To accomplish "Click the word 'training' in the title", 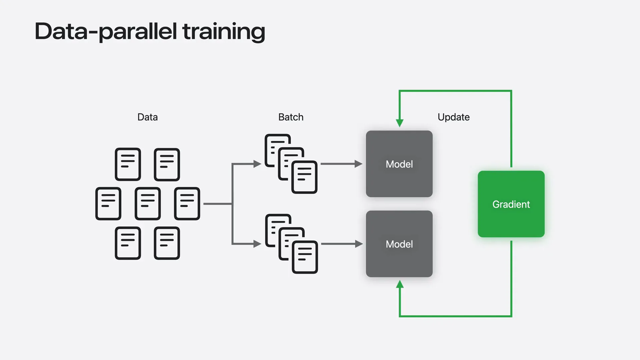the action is [224, 32].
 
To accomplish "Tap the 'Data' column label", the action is [147, 117].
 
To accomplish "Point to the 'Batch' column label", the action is [291, 117].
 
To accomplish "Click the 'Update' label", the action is [454, 117].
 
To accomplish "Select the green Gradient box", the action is [511, 204].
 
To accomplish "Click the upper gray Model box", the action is [399, 164].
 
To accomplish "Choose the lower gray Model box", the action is [399, 244].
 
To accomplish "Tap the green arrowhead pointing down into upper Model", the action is [400, 123].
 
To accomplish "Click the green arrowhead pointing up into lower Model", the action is [400, 284].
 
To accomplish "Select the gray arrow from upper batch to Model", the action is [342, 164].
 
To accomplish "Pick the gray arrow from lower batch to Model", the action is [342, 244].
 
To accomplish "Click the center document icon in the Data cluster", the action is [148, 204].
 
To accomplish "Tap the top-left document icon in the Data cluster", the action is [128, 164].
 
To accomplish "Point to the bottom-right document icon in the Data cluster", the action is [167, 243].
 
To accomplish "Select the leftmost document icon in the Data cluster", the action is [108, 204].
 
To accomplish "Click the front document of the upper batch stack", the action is [304, 177].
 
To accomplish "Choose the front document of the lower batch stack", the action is [305, 257].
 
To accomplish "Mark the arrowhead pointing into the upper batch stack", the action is [257, 164].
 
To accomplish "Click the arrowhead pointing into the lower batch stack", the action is [257, 244].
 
